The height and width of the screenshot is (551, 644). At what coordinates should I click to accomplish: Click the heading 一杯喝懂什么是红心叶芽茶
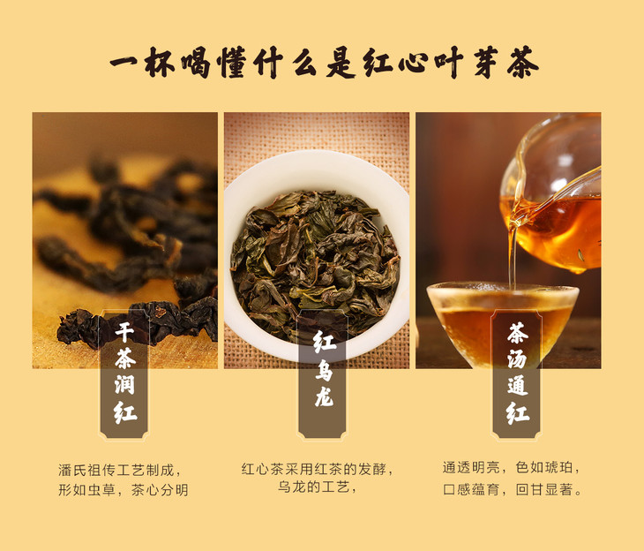[x=324, y=63]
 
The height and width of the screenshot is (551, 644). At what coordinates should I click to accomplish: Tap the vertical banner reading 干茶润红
[x=124, y=374]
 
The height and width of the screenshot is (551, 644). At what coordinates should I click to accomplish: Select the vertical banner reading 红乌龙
[x=322, y=374]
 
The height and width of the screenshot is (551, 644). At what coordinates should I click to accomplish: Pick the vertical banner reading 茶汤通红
[x=517, y=374]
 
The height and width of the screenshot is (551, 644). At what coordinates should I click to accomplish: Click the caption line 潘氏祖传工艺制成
[x=119, y=470]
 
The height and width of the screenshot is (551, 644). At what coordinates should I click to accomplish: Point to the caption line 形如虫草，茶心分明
[x=124, y=490]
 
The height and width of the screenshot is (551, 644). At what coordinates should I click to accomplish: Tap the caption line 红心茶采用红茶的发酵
[x=317, y=469]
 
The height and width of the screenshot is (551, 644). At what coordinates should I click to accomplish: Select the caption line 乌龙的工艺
[x=317, y=487]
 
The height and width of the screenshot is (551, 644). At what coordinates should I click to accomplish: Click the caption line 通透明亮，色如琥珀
[x=512, y=467]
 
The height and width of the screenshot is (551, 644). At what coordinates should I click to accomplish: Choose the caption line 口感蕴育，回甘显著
[x=513, y=489]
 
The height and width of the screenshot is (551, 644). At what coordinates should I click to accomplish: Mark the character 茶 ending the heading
[x=522, y=63]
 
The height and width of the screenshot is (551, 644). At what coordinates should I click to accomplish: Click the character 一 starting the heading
[x=125, y=63]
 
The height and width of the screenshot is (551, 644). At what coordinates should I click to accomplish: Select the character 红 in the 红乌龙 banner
[x=324, y=342]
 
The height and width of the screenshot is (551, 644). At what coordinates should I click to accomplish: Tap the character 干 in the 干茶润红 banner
[x=124, y=332]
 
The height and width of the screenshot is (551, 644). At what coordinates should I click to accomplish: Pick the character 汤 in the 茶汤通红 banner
[x=517, y=359]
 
